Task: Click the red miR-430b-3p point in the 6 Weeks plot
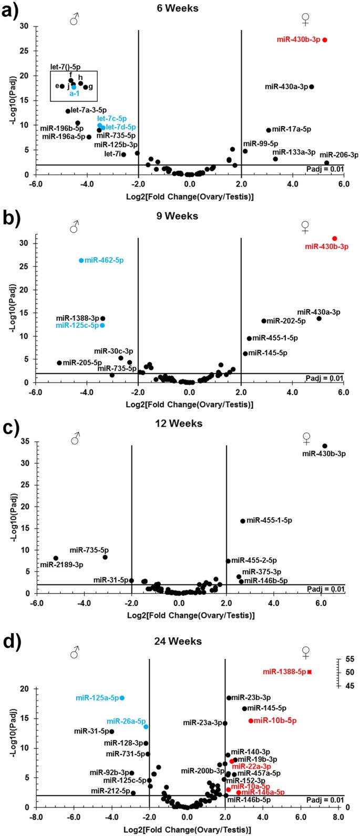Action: [325, 40]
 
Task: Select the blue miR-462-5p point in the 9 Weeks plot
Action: [81, 260]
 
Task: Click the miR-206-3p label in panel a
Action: [339, 154]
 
